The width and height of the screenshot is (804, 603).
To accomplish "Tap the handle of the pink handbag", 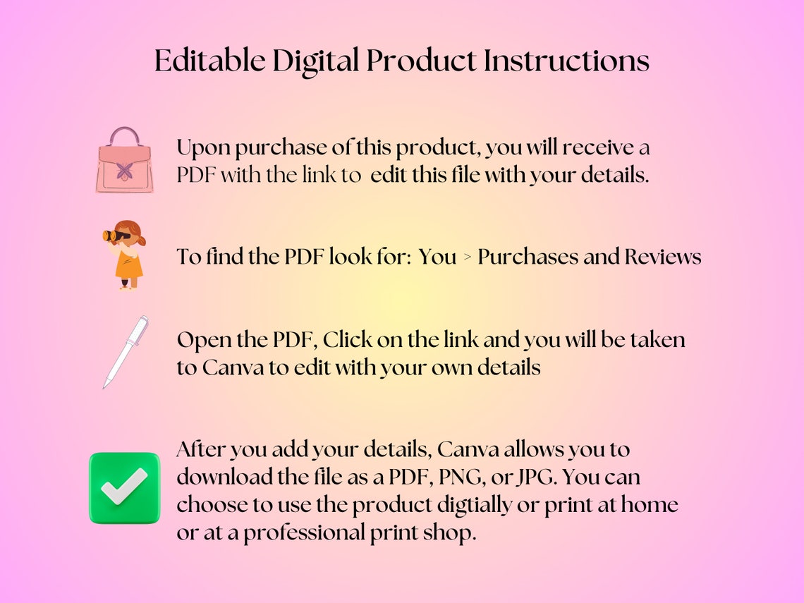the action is [x=125, y=134].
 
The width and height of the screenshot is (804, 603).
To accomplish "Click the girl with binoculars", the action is [x=125, y=255].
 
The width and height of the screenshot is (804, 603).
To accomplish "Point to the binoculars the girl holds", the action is [x=116, y=236].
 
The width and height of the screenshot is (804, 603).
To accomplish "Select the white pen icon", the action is [x=126, y=352].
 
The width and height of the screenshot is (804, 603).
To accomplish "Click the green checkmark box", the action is [x=125, y=487].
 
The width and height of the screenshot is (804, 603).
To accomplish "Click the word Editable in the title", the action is [x=209, y=61].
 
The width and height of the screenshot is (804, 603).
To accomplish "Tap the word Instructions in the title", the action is [x=566, y=61].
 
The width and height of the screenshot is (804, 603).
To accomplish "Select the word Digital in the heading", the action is [x=315, y=61].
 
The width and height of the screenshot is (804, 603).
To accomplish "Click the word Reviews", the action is [x=662, y=257].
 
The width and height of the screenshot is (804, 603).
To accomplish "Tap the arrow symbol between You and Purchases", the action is [x=467, y=257].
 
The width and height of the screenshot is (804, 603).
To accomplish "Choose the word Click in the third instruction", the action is [x=347, y=339].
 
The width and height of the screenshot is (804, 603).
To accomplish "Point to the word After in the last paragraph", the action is [x=200, y=449].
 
